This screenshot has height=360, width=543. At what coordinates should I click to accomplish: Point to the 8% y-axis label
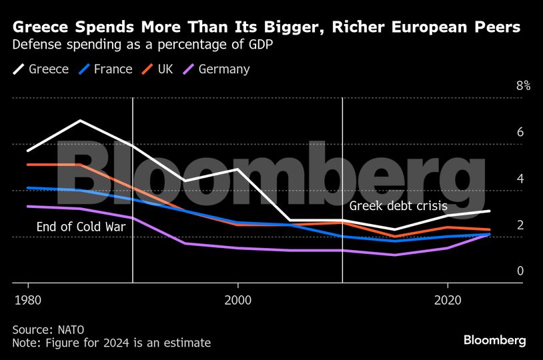523,85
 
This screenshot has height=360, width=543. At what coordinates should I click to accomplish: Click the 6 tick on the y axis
520,132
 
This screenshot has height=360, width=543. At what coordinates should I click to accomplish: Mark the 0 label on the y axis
520,271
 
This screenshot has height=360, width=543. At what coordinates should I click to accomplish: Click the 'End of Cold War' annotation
81,227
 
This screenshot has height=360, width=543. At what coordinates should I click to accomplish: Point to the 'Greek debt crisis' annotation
398,206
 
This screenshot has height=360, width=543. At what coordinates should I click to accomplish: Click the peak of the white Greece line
80,121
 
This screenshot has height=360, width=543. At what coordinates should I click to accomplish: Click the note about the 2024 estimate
111,343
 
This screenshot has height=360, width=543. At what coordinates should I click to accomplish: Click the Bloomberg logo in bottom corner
494,340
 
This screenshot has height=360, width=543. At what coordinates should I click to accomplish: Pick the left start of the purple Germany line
27,206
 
